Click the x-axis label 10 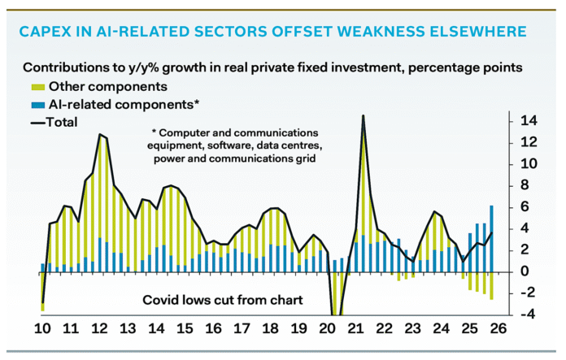click(41, 331)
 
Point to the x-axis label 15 click(185, 331)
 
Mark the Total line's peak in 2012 click(100, 135)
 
